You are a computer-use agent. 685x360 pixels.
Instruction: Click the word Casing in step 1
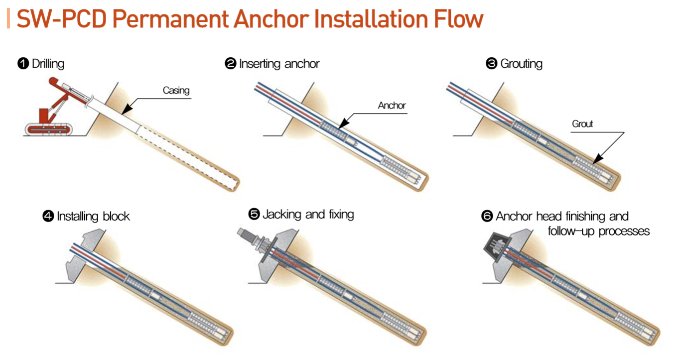[176, 91]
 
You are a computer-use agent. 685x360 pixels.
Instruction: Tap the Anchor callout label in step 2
[392, 106]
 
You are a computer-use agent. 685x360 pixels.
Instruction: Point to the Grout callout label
[582, 124]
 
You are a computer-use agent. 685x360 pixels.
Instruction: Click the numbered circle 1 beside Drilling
[23, 64]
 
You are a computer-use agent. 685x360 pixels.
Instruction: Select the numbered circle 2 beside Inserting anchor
[231, 64]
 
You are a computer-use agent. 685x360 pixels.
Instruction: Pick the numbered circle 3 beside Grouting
[491, 64]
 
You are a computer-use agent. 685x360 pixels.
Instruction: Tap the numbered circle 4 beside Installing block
[48, 216]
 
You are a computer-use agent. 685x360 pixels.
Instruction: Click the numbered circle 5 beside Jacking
[254, 214]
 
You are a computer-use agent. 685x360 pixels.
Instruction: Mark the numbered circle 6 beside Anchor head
[487, 216]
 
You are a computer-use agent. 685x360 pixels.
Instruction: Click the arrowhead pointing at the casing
[127, 109]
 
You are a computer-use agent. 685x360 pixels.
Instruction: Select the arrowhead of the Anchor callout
[344, 123]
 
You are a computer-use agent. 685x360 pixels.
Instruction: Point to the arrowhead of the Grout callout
[598, 159]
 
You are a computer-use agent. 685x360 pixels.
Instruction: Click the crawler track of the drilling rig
[49, 129]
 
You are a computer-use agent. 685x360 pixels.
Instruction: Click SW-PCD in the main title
[61, 19]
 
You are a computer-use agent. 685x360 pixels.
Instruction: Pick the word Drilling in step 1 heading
[48, 64]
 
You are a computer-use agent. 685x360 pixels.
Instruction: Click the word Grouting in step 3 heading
[522, 64]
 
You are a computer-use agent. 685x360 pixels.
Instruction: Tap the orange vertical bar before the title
[8, 18]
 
